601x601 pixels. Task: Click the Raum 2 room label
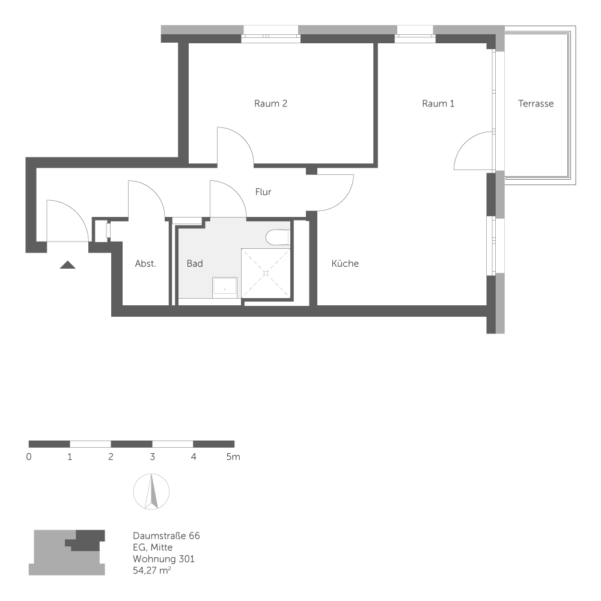click(x=270, y=103)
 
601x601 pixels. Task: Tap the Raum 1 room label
click(x=438, y=103)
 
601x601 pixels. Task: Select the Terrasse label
click(x=535, y=103)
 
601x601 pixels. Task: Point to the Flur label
click(x=263, y=192)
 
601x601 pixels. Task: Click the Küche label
click(x=345, y=263)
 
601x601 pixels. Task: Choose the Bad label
click(x=195, y=263)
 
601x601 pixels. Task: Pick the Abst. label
click(x=145, y=263)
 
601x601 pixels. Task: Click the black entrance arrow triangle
click(x=67, y=264)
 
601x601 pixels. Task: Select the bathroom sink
click(x=225, y=287)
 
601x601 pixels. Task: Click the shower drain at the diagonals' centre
click(x=265, y=273)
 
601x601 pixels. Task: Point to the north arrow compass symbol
click(x=151, y=492)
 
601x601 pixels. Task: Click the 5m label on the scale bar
click(x=233, y=457)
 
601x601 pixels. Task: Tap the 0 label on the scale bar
click(x=29, y=457)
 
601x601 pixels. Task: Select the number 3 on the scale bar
click(x=152, y=457)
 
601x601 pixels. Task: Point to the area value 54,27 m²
click(x=151, y=570)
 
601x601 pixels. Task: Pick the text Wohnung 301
click(x=163, y=559)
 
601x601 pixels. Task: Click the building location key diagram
click(x=67, y=552)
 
